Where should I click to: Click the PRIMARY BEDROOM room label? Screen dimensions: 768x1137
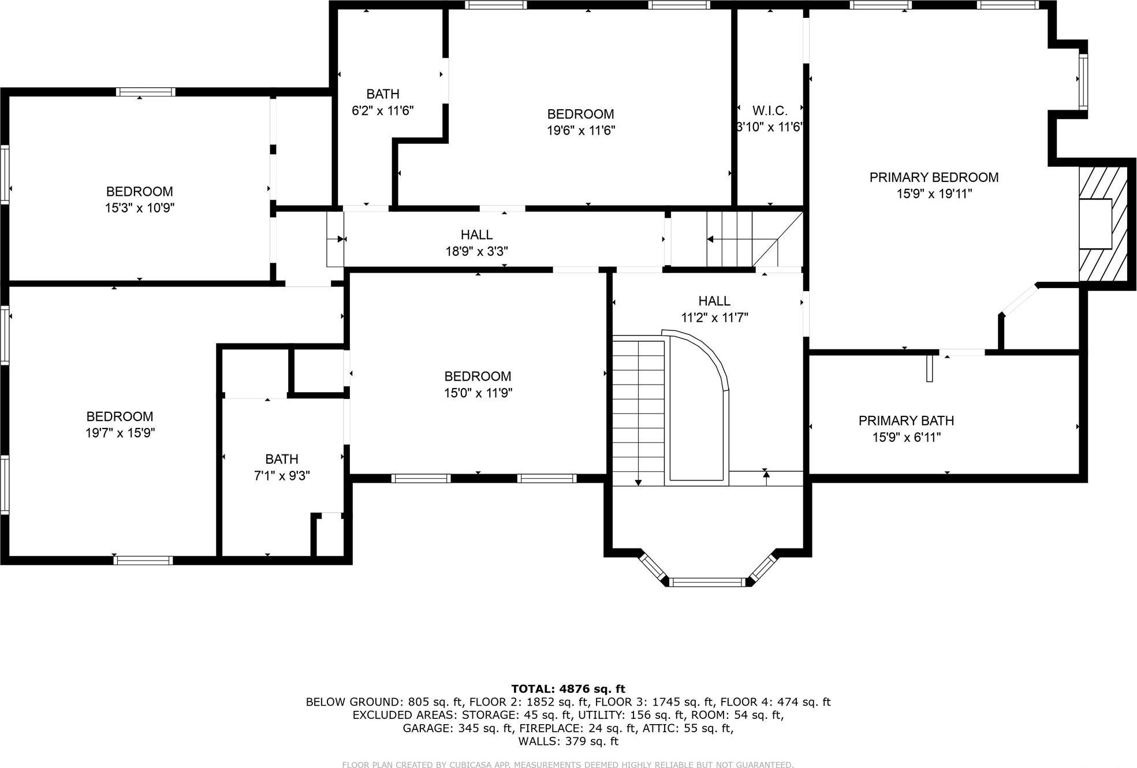pos(934,177)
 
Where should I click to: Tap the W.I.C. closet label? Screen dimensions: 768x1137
pos(770,110)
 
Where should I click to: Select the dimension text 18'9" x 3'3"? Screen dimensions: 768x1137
pos(476,251)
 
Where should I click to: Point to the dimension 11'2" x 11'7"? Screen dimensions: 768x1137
pos(714,317)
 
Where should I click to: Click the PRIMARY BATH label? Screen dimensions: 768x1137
pos(906,420)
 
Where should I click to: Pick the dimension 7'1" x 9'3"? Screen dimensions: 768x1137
pos(282,475)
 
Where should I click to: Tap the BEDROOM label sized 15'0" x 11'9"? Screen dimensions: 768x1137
pos(478,376)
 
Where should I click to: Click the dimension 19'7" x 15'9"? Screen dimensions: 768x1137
pos(120,433)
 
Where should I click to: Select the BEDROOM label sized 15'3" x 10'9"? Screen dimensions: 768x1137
pos(139,191)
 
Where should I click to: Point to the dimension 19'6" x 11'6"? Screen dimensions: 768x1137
pos(580,131)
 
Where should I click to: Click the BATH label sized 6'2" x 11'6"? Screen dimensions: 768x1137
pos(383,94)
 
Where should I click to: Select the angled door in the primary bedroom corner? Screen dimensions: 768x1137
pos(1021,300)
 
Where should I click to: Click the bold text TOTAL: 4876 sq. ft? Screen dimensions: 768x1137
pos(568,688)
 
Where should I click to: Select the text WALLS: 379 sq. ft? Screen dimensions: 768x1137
pos(568,741)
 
